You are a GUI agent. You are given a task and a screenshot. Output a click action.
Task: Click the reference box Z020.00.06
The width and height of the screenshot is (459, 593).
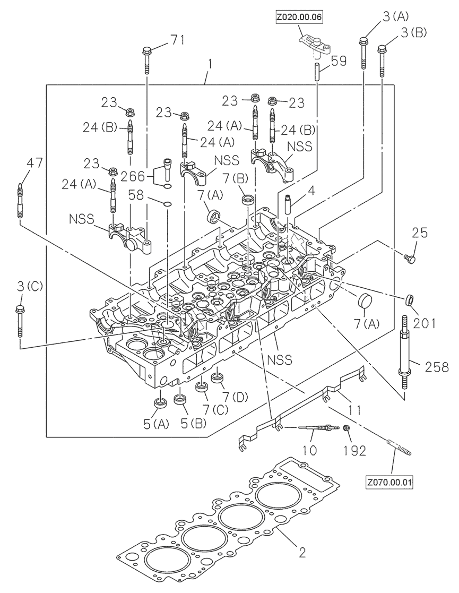pos(299,18)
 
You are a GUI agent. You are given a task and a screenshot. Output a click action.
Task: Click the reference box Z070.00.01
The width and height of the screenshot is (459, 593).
pos(389,483)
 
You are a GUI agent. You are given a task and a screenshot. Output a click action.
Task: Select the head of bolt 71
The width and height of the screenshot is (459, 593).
pos(146,51)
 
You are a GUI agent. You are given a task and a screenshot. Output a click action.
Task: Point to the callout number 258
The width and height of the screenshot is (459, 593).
pos(436,366)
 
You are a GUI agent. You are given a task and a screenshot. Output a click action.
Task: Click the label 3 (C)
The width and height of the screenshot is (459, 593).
pos(30,286)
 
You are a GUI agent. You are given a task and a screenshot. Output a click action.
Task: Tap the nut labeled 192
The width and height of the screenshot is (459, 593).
pos(345,428)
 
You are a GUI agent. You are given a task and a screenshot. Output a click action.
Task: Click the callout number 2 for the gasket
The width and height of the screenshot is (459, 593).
pos(301,553)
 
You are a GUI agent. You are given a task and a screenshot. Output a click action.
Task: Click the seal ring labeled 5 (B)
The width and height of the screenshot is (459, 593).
pos(179,400)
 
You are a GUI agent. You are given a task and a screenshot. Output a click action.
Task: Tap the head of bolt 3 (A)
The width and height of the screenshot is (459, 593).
pos(363,40)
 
